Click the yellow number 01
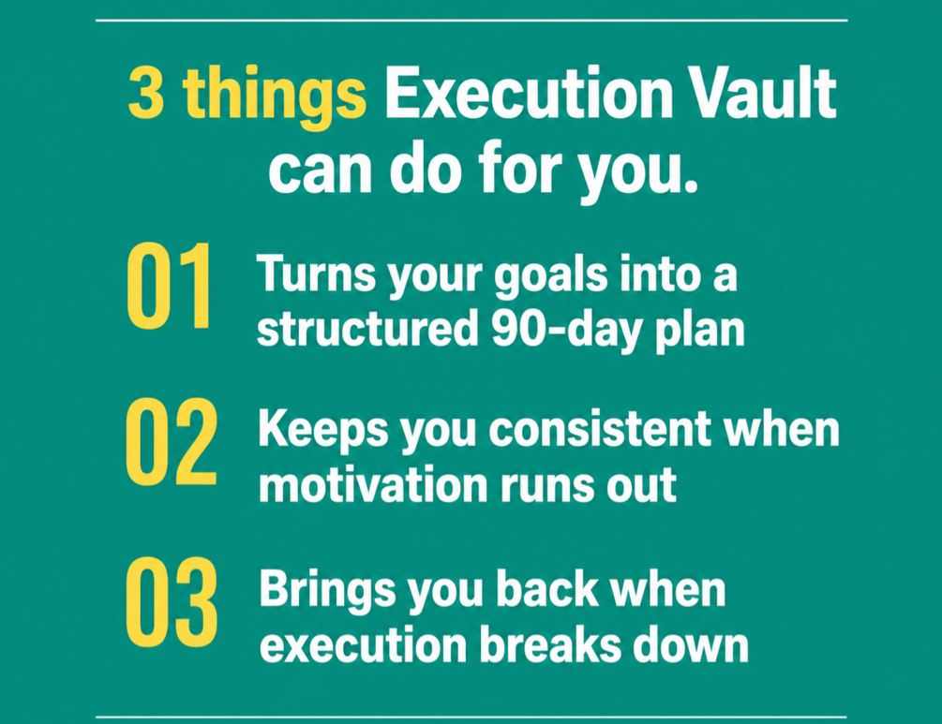(169, 286)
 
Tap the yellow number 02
(172, 442)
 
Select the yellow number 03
(172, 602)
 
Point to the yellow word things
(275, 98)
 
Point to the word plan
(700, 332)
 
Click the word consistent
(600, 430)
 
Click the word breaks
(550, 645)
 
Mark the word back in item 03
(547, 589)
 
